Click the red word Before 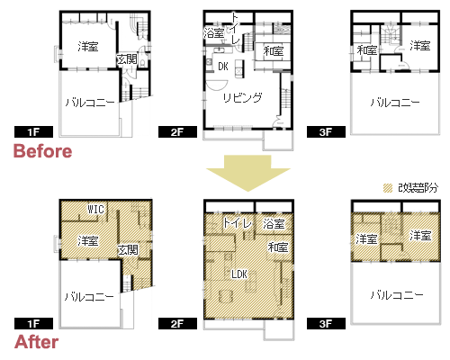[43, 151]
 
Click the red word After [37, 342]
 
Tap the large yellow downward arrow [248, 173]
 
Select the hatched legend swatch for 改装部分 [388, 188]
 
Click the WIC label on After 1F [95, 209]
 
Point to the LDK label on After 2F [239, 274]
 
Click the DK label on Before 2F [223, 67]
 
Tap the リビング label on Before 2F [242, 97]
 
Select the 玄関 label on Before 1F [127, 59]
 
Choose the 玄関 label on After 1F [128, 249]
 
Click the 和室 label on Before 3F [366, 50]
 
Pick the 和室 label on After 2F [278, 247]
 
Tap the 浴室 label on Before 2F [214, 32]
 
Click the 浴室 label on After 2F [274, 224]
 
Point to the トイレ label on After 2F [237, 222]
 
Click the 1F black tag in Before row [33, 132]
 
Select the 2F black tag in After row [177, 324]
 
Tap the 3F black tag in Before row [326, 132]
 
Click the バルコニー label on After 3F [397, 295]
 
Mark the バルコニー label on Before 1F [90, 103]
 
